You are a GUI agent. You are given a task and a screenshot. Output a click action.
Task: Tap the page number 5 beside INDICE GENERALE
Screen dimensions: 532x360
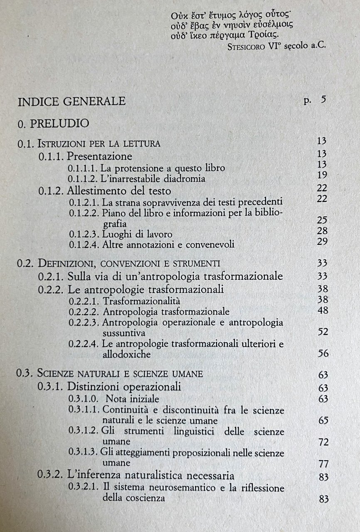(x=323, y=100)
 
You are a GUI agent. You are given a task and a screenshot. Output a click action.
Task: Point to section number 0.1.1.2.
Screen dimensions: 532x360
(x=83, y=179)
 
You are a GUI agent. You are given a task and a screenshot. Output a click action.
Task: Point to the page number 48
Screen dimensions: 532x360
(x=322, y=310)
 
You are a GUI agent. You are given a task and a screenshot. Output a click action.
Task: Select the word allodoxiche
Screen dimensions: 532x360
(x=128, y=355)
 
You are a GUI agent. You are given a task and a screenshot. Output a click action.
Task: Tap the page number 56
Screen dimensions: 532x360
(x=323, y=353)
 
